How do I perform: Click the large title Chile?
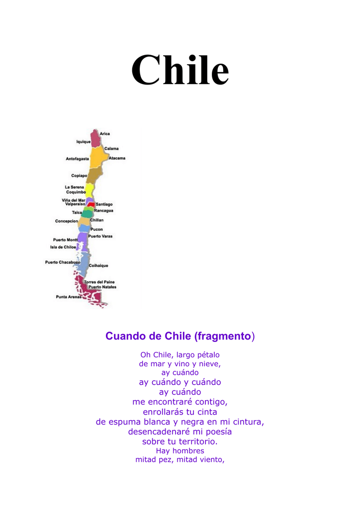coord(180,70)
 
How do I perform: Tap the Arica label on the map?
coord(105,134)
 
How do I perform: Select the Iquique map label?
coord(83,142)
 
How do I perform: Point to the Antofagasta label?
coord(77,159)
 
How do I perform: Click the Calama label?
coord(111,149)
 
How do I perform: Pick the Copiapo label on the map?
coord(79,175)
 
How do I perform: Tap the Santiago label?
coord(104,204)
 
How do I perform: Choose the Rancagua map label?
coord(103,210)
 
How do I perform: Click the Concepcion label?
coord(67,221)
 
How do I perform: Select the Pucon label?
coord(96,229)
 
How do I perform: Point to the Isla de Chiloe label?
coord(63,247)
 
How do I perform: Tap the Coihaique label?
coord(98,266)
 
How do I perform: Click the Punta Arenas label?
coord(69,297)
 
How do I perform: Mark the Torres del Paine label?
coord(99,282)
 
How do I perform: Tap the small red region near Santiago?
coord(91,204)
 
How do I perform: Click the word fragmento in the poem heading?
coord(223,337)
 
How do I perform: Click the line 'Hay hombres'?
coord(180,451)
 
